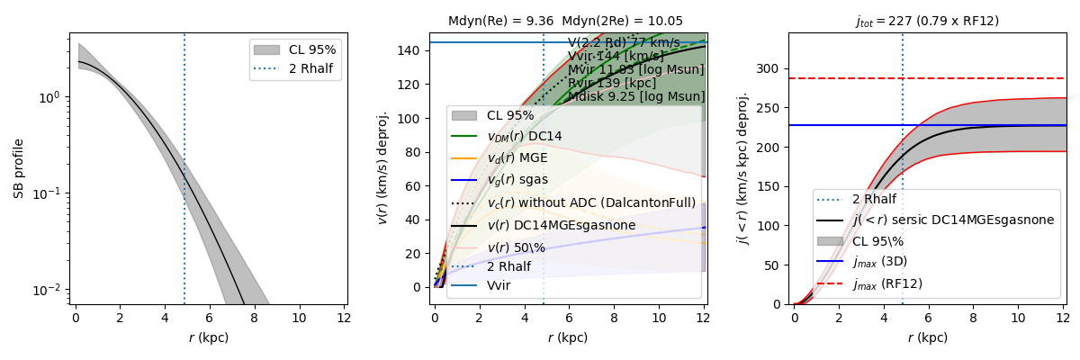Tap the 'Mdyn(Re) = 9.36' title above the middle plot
[499, 21]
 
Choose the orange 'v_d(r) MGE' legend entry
[523, 158]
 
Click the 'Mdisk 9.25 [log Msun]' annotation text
[636, 96]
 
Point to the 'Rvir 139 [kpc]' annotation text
[612, 83]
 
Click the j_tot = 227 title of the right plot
[927, 21]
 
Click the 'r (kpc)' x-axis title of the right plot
[927, 338]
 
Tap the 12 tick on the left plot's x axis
[342, 319]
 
